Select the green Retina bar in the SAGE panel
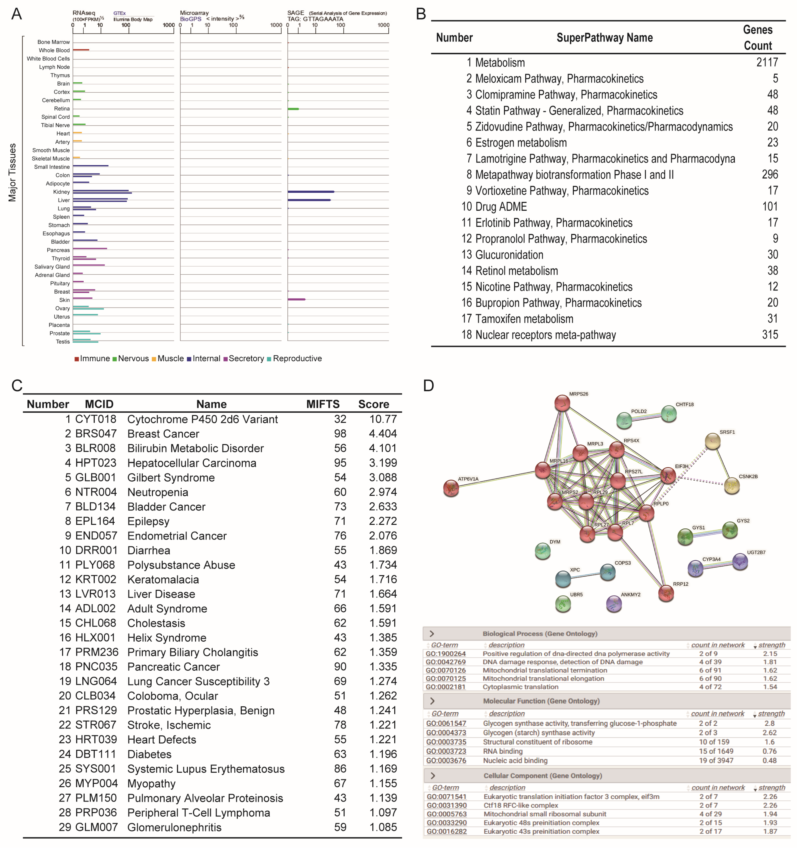(x=293, y=109)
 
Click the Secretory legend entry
(x=246, y=358)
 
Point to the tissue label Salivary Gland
(x=52, y=267)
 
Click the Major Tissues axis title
(x=12, y=172)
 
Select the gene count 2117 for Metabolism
(x=767, y=62)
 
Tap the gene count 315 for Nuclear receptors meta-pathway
(x=770, y=335)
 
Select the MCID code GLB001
(x=96, y=477)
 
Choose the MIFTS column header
(x=322, y=404)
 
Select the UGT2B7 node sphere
(x=740, y=561)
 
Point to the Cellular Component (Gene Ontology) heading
(x=542, y=775)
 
